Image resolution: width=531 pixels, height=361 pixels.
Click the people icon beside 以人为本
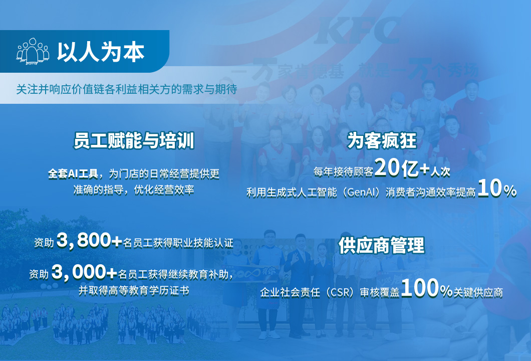point(33,52)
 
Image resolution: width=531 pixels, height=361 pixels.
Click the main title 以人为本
point(101,52)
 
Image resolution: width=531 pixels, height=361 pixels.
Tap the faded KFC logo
point(357,31)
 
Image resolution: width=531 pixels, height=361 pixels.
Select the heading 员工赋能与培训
point(134,141)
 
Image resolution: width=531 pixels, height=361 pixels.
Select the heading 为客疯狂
point(382,140)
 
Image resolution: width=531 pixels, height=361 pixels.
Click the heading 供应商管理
point(382,245)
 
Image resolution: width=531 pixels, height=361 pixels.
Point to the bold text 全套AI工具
point(73,174)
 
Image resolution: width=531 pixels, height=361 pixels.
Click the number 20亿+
point(402,168)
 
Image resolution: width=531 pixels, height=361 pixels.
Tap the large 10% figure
point(497,189)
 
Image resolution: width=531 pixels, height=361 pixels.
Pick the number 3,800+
point(89,240)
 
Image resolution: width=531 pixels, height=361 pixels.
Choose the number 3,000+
point(84,272)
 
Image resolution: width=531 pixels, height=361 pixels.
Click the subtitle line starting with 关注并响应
point(127,89)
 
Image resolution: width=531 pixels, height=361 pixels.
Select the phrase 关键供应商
point(478,292)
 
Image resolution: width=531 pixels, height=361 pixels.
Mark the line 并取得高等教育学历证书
point(134,290)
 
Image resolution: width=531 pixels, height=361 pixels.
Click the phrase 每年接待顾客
point(343,172)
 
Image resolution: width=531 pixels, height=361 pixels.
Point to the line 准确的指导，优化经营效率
point(134,190)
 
